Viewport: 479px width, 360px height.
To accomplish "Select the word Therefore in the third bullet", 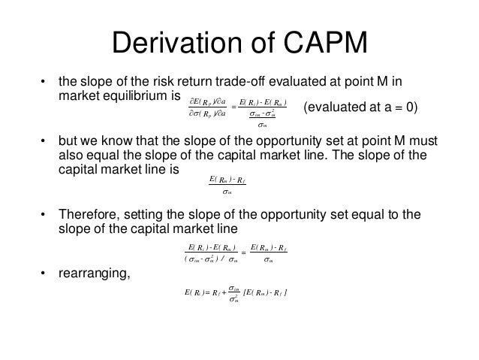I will tap(89, 215).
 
